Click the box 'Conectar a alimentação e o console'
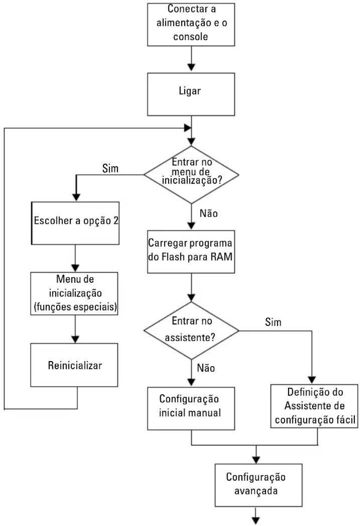(191, 24)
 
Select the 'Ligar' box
(191, 94)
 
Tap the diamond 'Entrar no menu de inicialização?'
(191, 175)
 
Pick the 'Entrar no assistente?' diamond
(191, 330)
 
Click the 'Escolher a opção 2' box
(75, 223)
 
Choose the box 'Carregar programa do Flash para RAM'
(191, 251)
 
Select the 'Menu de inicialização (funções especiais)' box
(74, 293)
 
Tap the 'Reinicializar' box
(74, 365)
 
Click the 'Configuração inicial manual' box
(191, 409)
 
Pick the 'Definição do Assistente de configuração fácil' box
(314, 406)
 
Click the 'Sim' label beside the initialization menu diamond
(110, 168)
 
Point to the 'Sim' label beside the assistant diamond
(273, 322)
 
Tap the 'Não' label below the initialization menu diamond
(208, 213)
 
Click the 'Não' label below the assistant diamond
(206, 368)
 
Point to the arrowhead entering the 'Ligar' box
(191, 67)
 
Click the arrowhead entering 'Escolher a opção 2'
(76, 197)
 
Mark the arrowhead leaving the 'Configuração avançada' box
(256, 520)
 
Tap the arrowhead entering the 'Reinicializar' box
(75, 339)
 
